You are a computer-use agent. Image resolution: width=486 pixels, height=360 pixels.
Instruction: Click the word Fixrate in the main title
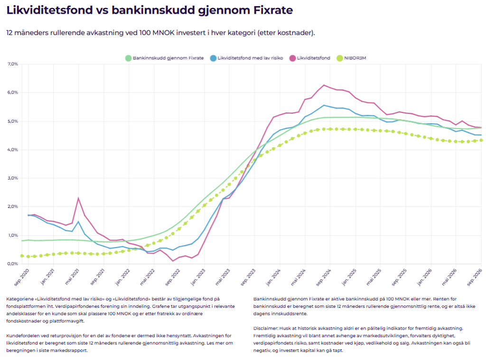pyautogui.click(x=273, y=10)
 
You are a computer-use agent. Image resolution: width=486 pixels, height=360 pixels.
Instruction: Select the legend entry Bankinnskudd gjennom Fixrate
pyautogui.click(x=165, y=58)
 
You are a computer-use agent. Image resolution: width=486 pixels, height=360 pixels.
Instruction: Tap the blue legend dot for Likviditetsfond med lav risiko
pyautogui.click(x=213, y=58)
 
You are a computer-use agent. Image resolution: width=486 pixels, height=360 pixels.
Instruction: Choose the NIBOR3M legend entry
pyautogui.click(x=352, y=58)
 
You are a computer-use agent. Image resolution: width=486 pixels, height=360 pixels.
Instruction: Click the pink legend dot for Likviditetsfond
pyautogui.click(x=292, y=58)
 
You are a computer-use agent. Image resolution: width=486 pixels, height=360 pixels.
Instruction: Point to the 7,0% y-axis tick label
pyautogui.click(x=13, y=64)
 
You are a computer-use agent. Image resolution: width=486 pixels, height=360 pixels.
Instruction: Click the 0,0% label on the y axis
pyautogui.click(x=13, y=264)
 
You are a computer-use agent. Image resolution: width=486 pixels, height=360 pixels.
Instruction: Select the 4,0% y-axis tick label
pyautogui.click(x=13, y=149)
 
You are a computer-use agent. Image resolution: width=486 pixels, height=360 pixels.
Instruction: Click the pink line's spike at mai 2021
pyautogui.click(x=78, y=198)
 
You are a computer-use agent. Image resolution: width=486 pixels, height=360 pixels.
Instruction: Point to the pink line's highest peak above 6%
pyautogui.click(x=324, y=85)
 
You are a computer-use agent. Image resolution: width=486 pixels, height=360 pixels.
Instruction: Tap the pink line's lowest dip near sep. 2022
pyautogui.click(x=173, y=261)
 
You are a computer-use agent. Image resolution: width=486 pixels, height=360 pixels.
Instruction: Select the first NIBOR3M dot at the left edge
pyautogui.click(x=22, y=256)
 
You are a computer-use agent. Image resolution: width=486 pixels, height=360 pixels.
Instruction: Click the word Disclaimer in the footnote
pyautogui.click(x=265, y=328)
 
